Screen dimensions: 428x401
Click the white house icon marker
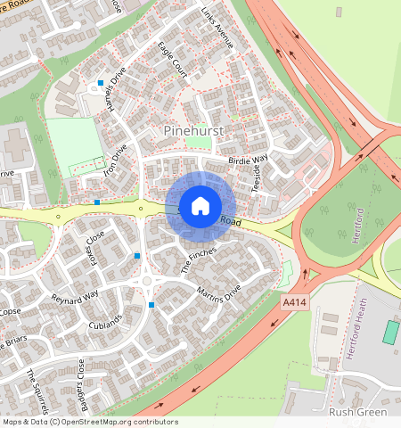point(200,206)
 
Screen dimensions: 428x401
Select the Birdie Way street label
point(249,160)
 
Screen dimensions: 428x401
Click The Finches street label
point(199,259)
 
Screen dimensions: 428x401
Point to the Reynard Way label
point(75,297)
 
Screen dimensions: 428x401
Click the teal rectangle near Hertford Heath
point(390,333)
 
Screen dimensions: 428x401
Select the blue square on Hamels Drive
point(101,83)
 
